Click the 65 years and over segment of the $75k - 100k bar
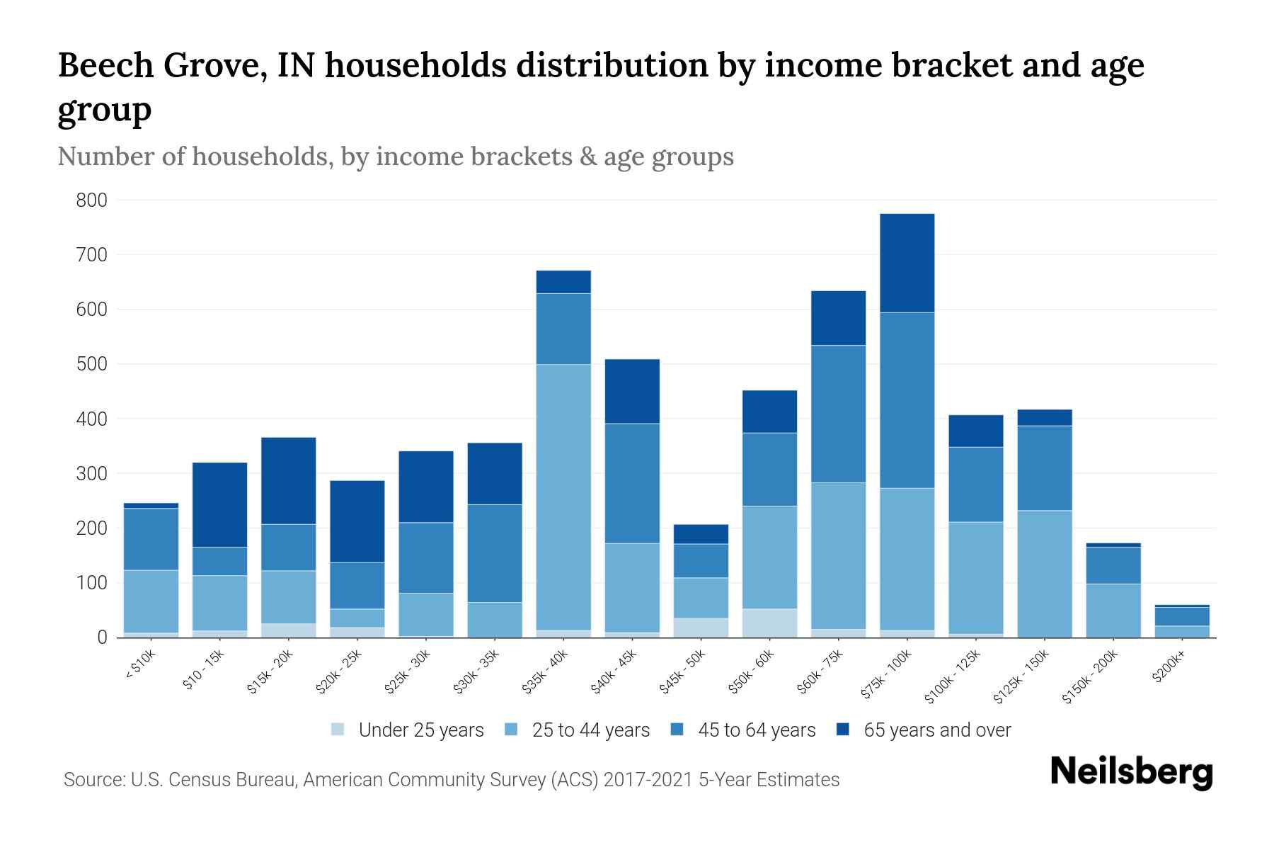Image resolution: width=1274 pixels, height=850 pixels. pos(907,263)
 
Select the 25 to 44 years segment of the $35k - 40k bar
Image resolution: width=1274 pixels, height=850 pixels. pos(563,497)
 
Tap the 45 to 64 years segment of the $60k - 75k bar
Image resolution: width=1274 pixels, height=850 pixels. pos(839,414)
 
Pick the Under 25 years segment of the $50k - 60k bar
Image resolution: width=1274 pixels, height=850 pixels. pos(769,623)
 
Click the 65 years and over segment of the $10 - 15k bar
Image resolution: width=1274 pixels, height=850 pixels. pos(219,504)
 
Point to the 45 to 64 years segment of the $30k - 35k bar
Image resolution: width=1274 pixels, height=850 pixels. pos(495,552)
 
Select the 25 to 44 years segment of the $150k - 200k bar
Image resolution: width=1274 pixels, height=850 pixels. pos(1113,610)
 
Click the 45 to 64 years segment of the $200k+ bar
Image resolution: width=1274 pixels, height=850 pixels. pos(1182,616)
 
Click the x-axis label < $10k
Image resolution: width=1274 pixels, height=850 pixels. pos(140,667)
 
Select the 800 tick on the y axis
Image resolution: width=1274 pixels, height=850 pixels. pos(91,200)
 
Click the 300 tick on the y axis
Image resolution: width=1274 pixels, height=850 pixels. pos(91,473)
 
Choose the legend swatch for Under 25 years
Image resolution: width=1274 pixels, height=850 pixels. pos(338,730)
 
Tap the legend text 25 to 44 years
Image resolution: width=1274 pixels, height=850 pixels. pos(590,730)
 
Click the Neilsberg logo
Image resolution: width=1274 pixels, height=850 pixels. pos(1131,772)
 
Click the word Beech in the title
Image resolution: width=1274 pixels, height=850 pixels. pos(105,66)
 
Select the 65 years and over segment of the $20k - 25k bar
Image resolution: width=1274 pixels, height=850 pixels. pos(357,521)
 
